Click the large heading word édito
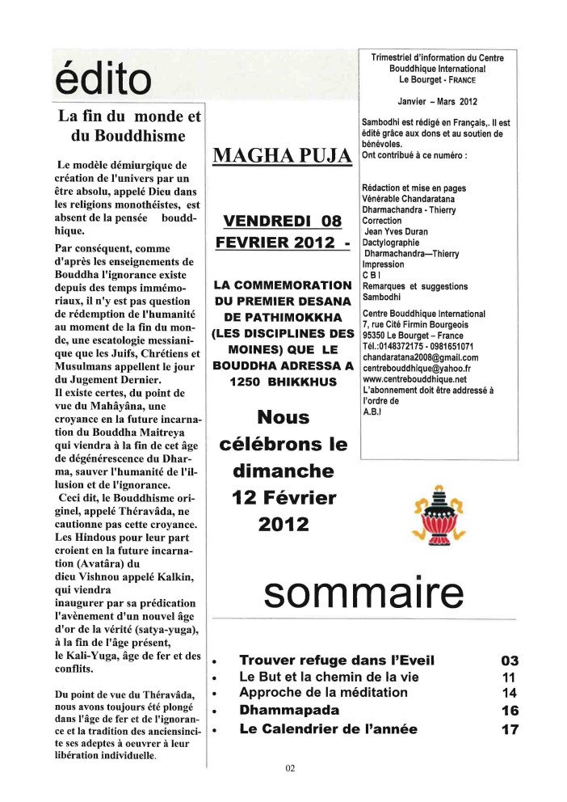coord(103,78)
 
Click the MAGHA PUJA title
coord(281,155)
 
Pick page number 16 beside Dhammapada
coord(510,711)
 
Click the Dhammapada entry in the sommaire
coord(278,711)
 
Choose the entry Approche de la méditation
coord(323,693)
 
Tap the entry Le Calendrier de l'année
coord(328,729)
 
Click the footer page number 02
coord(290,768)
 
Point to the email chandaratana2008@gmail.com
coord(421,357)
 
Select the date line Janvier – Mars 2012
coord(438,102)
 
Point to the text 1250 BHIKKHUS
coord(282,381)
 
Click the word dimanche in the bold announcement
coord(282,471)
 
